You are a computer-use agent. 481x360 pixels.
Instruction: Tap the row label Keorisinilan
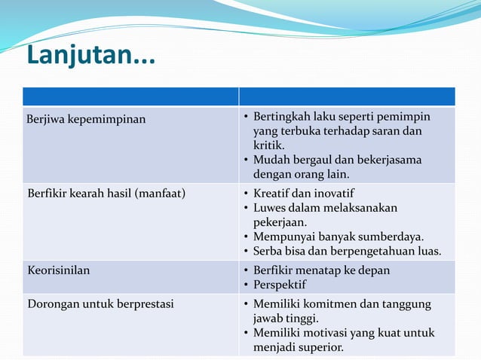(x=58, y=270)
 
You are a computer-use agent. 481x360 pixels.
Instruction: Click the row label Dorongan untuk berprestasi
(x=100, y=304)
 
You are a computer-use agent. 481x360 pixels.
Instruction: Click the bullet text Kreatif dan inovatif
(x=303, y=194)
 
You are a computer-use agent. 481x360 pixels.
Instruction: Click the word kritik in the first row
(x=268, y=145)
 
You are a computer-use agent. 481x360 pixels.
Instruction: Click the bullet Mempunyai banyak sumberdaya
(x=338, y=236)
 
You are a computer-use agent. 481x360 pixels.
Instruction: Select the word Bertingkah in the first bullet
(x=281, y=117)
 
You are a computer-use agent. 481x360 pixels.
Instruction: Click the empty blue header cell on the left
(x=130, y=96)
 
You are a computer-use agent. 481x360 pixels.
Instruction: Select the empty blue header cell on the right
(x=347, y=96)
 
